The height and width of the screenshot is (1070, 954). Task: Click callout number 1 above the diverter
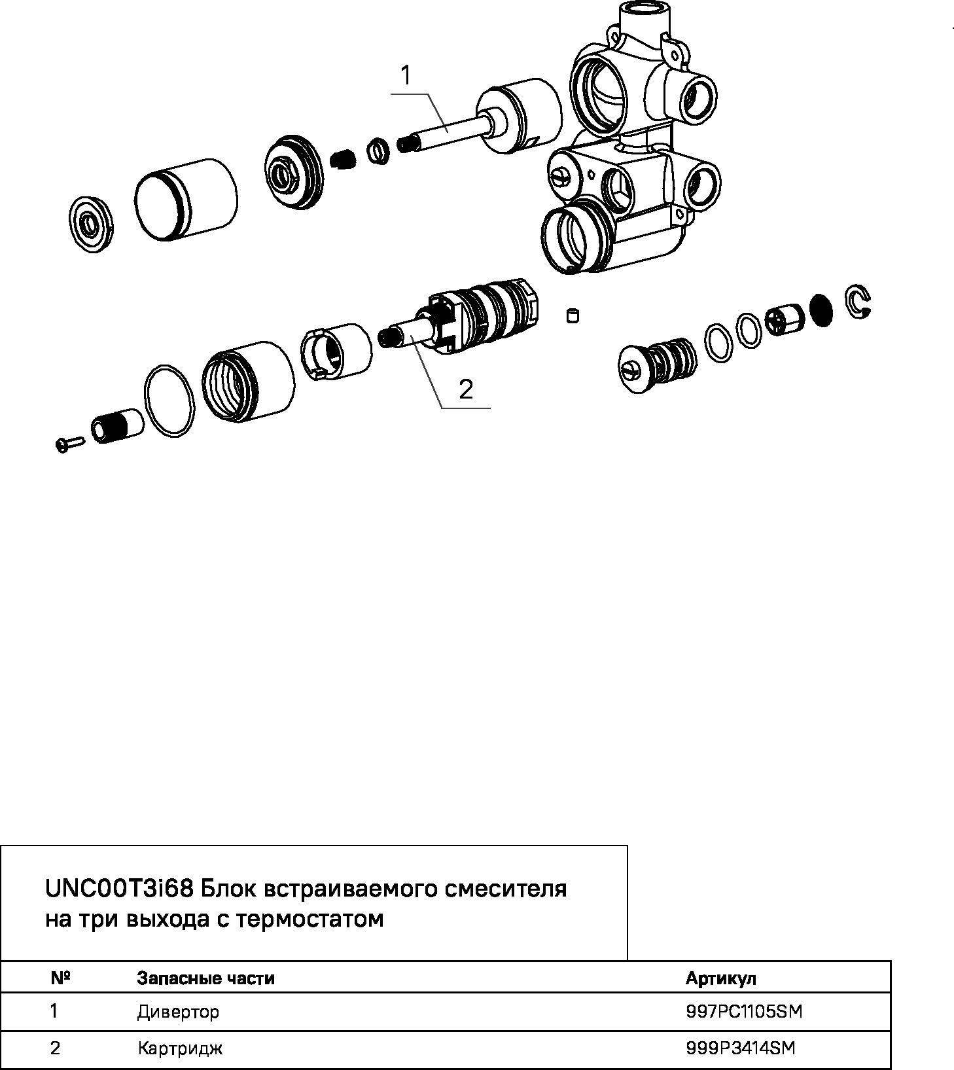click(406, 76)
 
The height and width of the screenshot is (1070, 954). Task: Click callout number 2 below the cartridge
click(466, 390)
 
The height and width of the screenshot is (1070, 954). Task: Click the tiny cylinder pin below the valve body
click(573, 316)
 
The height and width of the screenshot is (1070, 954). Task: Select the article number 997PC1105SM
click(744, 1012)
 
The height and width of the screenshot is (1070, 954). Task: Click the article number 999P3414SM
click(741, 1048)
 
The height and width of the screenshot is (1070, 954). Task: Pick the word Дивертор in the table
click(178, 1012)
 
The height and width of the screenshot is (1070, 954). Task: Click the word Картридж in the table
click(180, 1048)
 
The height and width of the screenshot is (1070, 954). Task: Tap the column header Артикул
click(720, 978)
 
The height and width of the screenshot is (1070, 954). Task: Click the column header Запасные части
click(205, 978)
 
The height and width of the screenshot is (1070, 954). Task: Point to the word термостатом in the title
click(309, 919)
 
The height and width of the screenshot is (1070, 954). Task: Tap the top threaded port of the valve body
click(644, 14)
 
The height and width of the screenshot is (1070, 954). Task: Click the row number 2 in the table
click(55, 1048)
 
